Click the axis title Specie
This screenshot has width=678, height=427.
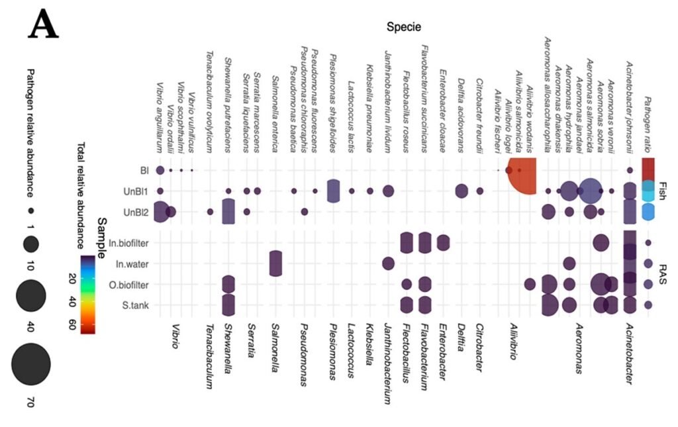tap(404, 26)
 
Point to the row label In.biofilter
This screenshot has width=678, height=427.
tap(128, 243)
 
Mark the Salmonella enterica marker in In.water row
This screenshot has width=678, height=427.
tap(275, 263)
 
